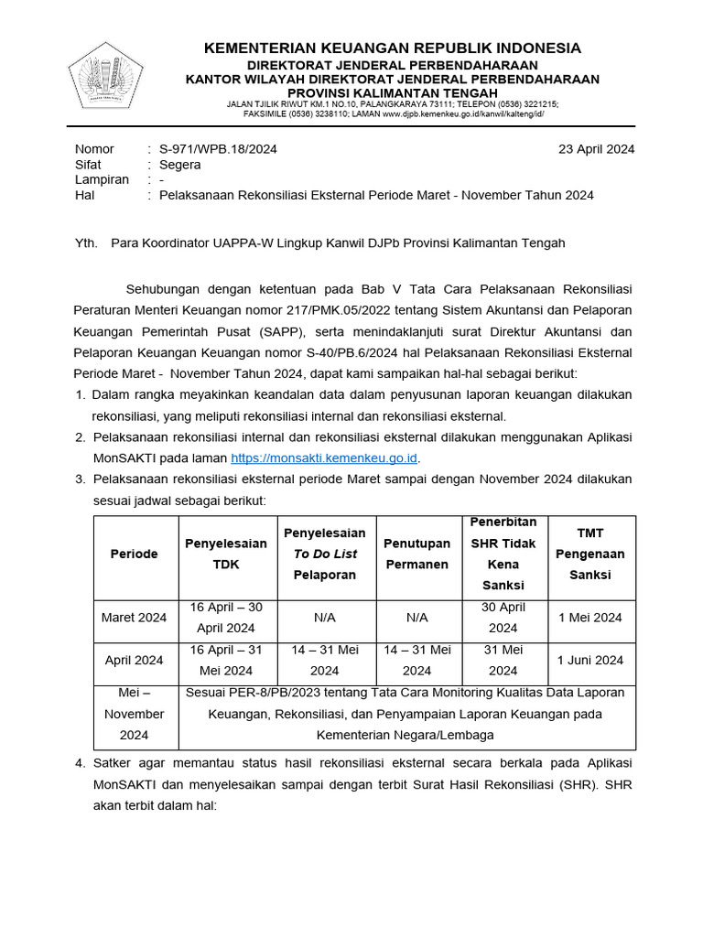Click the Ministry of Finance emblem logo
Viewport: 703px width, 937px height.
105,80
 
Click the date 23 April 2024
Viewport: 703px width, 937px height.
596,149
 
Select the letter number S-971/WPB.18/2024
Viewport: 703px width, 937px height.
218,149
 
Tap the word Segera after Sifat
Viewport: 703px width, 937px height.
179,165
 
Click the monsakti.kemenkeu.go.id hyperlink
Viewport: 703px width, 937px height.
324,458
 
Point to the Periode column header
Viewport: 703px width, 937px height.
135,554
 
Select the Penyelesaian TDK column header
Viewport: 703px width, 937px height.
226,554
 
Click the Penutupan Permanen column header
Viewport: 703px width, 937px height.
416,554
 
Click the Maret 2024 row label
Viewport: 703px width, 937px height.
135,618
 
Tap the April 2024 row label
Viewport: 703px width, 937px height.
135,661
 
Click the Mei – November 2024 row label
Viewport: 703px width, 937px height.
135,714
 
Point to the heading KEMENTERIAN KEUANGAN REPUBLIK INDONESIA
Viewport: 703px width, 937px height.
392,48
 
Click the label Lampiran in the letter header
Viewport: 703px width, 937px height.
102,180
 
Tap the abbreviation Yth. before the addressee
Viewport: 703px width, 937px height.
85,242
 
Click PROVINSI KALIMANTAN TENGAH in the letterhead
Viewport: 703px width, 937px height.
392,92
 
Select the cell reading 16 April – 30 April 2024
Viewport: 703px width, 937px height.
226,618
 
